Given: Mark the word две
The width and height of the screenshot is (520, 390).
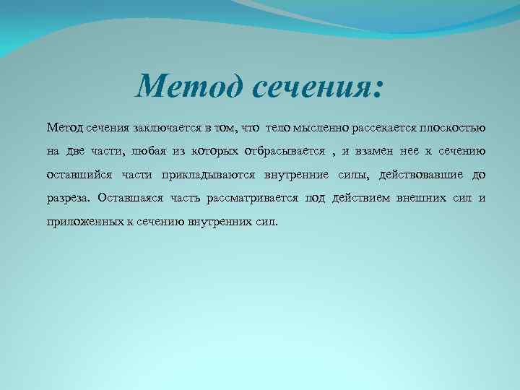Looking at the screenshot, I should coord(77,151).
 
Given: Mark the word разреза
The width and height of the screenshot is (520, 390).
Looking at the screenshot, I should coord(69,197).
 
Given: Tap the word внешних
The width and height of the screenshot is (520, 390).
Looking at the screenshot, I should coord(422,197).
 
